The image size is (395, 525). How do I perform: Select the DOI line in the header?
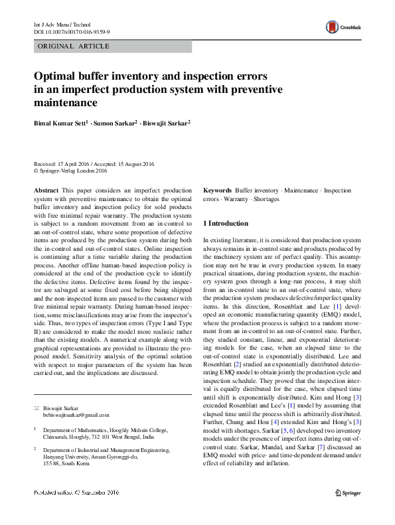point(72,32)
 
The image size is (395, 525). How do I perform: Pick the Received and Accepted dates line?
point(94,163)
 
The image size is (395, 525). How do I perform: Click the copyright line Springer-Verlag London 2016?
point(74,171)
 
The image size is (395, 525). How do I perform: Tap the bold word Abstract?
point(45,190)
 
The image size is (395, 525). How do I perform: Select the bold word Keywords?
point(217,190)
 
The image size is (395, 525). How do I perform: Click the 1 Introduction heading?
point(226,224)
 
